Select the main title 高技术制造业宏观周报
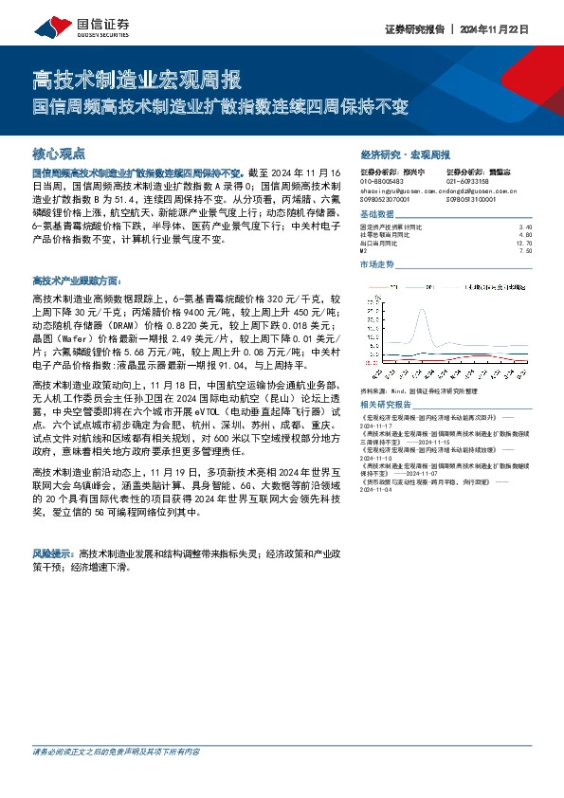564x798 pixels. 136,78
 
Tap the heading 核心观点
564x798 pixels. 59,152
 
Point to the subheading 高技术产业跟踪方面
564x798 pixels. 77,281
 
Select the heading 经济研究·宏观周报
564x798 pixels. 406,154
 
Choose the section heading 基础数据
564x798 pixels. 378,215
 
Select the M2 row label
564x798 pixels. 365,251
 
